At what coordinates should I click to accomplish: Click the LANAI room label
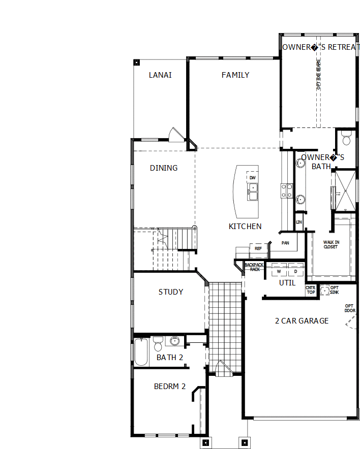pyautogui.click(x=160, y=75)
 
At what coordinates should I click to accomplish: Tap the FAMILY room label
pyautogui.click(x=235, y=75)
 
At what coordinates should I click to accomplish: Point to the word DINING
pyautogui.click(x=164, y=168)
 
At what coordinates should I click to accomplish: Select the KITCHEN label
pyautogui.click(x=245, y=227)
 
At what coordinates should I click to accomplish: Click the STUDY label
pyautogui.click(x=171, y=292)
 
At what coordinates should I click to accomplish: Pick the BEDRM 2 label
pyautogui.click(x=170, y=387)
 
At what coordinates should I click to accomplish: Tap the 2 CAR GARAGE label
pyautogui.click(x=302, y=321)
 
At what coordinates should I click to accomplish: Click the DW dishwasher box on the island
pyautogui.click(x=252, y=178)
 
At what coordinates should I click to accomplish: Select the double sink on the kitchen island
pyautogui.click(x=253, y=191)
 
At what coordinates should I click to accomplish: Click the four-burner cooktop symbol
pyautogui.click(x=287, y=190)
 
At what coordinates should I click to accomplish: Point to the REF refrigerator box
pyautogui.click(x=258, y=249)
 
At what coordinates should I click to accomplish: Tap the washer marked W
pyautogui.click(x=279, y=272)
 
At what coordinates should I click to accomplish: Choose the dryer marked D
pyautogui.click(x=295, y=272)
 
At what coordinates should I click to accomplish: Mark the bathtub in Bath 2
pyautogui.click(x=141, y=351)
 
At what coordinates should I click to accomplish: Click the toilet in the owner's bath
pyautogui.click(x=347, y=138)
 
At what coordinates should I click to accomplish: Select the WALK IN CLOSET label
pyautogui.click(x=331, y=245)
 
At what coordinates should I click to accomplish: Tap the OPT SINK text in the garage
pyautogui.click(x=335, y=290)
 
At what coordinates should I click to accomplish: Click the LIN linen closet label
pyautogui.click(x=299, y=222)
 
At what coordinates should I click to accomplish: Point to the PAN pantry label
pyautogui.click(x=286, y=243)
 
